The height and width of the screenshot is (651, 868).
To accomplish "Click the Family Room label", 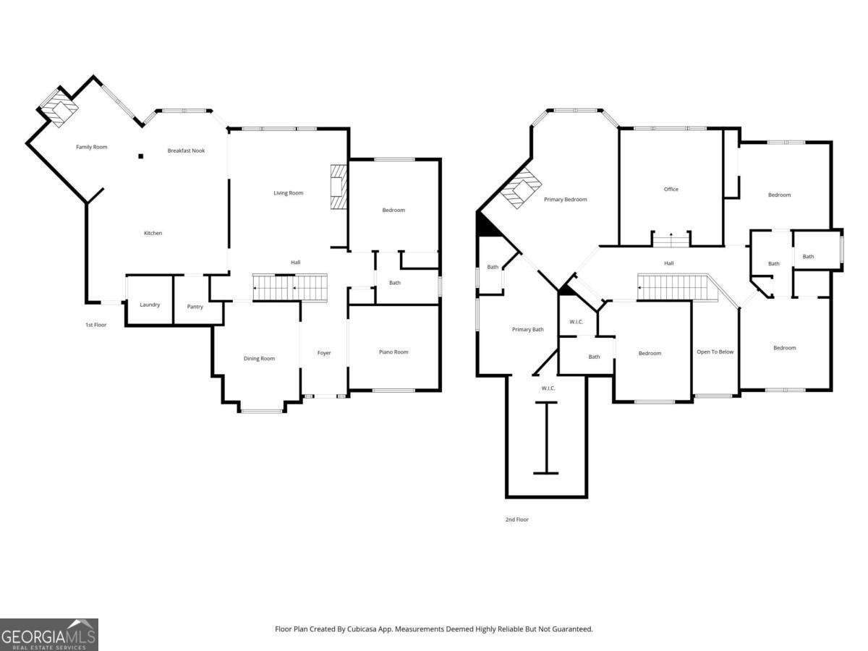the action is (91, 147).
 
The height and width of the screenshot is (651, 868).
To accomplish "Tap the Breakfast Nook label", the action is (186, 150).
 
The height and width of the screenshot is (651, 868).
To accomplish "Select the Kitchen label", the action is (153, 233).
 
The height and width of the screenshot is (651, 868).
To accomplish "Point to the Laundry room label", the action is (150, 305).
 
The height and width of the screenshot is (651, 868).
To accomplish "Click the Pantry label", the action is (195, 307).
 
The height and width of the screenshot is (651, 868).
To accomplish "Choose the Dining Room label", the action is (259, 359).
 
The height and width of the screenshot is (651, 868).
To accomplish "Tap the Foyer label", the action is (324, 353).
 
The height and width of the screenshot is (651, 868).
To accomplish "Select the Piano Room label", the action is (393, 352).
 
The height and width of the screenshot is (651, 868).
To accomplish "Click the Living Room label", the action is (289, 193).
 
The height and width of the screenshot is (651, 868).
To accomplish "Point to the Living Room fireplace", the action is (339, 187).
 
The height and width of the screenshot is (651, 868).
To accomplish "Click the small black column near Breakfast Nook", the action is (140, 156).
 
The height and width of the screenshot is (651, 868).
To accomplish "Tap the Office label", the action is (671, 190).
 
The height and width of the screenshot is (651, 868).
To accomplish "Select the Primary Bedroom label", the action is (565, 200).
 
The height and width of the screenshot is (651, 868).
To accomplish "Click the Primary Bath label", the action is (527, 330).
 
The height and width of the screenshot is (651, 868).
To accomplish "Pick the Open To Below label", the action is (715, 352).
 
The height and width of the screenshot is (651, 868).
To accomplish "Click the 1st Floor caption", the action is (95, 325).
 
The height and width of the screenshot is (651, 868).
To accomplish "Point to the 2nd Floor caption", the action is (517, 519).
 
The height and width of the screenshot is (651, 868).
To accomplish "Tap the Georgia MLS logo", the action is (49, 634).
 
